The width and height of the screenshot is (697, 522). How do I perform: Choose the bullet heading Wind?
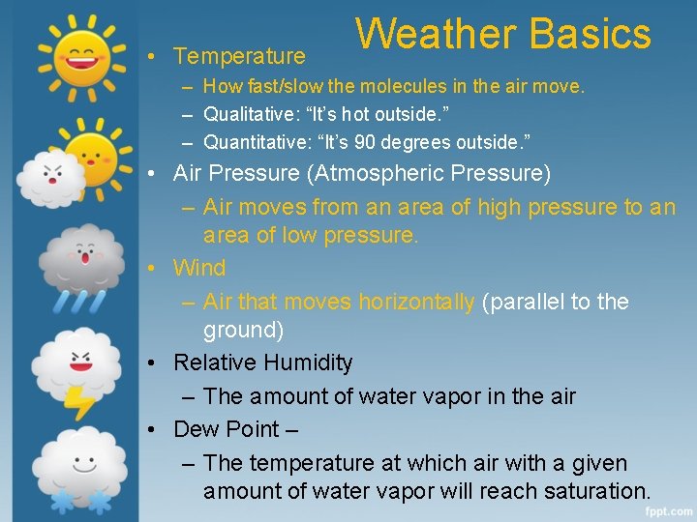click(198, 268)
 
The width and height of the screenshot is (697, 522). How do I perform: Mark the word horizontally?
click(416, 302)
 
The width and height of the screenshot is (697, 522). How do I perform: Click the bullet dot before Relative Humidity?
click(154, 363)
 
